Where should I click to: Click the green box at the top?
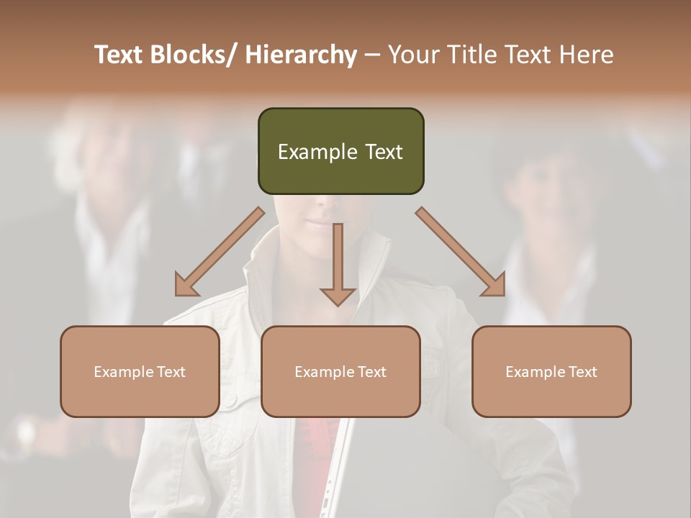(x=340, y=151)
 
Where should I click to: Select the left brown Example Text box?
(x=140, y=371)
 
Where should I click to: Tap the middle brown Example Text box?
(x=340, y=371)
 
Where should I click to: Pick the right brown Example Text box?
(x=551, y=371)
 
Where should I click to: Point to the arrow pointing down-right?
(x=461, y=252)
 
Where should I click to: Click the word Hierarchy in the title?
(x=300, y=55)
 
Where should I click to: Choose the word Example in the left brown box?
(x=124, y=372)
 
